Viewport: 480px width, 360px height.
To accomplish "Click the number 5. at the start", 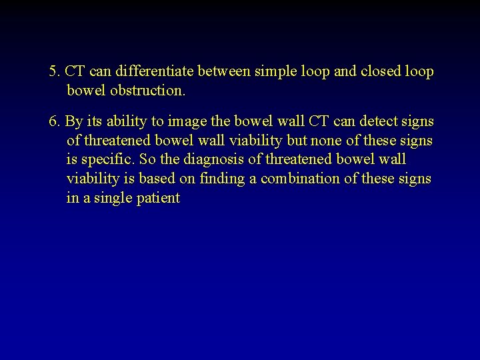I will (x=55, y=71).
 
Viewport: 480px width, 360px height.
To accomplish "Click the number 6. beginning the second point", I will (x=55, y=122).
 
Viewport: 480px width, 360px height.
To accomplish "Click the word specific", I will (x=107, y=160).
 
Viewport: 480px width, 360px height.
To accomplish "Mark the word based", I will (x=153, y=179).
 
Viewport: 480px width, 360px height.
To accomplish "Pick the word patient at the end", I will (x=158, y=198).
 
